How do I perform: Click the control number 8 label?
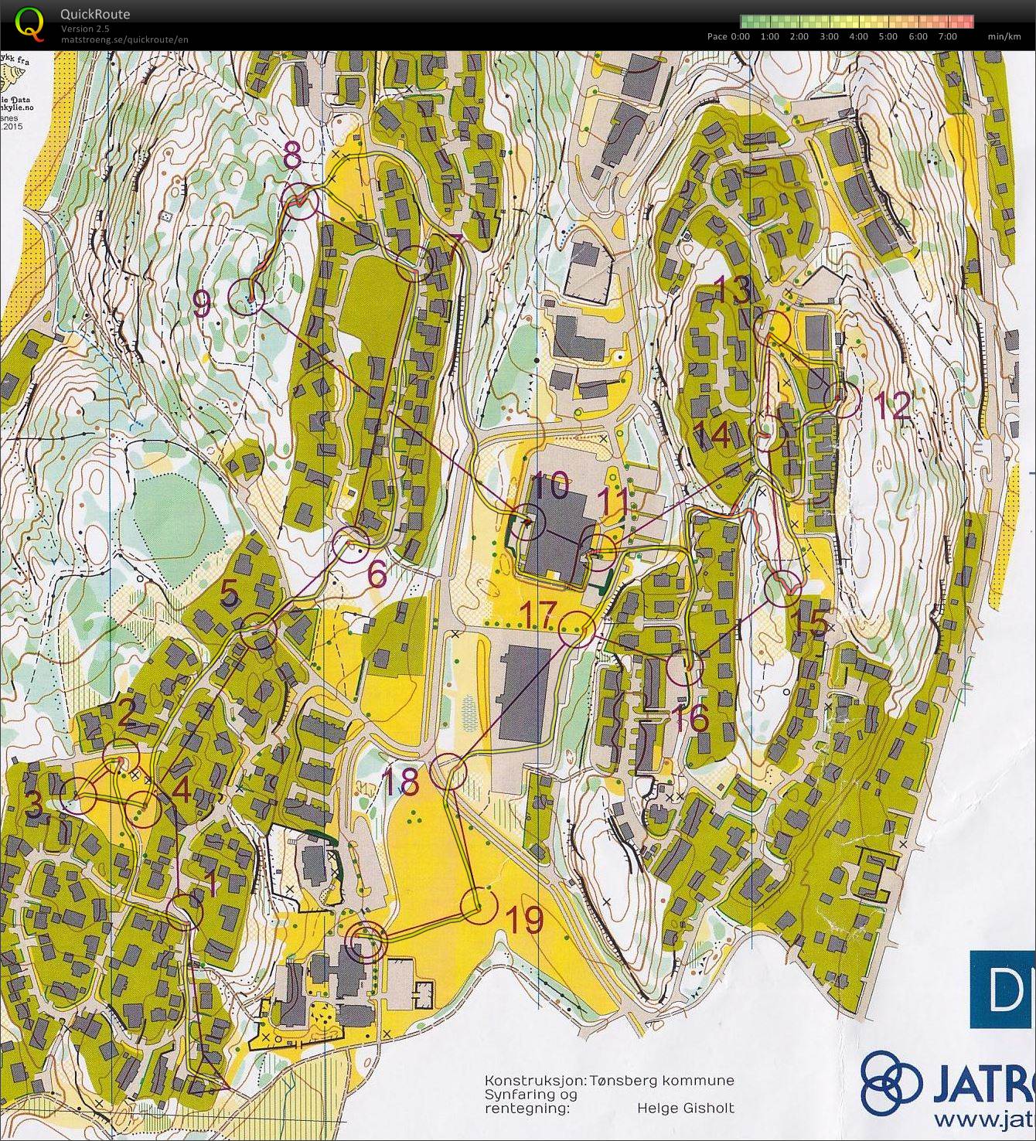292,157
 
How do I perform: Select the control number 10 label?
551,487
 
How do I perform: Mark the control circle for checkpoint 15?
782,588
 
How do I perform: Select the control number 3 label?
33,805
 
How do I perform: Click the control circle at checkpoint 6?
352,544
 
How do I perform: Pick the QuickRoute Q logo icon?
29,22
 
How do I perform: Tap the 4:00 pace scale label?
859,36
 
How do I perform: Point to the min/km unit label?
1004,36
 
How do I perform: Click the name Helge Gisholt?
685,1108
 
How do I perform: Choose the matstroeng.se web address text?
124,39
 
